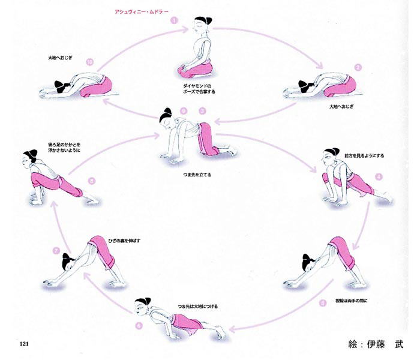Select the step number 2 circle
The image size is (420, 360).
pyautogui.click(x=358, y=68)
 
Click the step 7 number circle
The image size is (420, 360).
pyautogui.click(x=56, y=250)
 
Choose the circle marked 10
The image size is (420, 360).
pyautogui.click(x=89, y=61)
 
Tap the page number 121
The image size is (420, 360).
pyautogui.click(x=25, y=343)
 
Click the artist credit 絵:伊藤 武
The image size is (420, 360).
pyautogui.click(x=376, y=344)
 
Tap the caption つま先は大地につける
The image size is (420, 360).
pyautogui.click(x=194, y=306)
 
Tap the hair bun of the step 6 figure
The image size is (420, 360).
pyautogui.click(x=142, y=301)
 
